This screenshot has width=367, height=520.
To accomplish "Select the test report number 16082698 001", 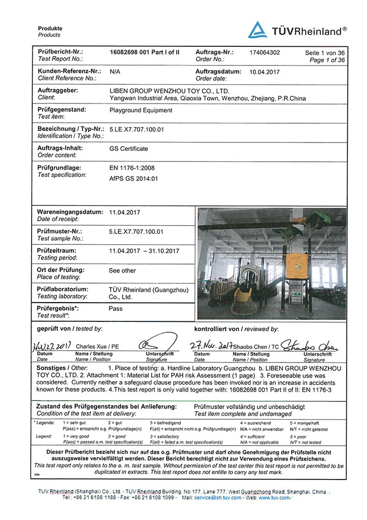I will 129,52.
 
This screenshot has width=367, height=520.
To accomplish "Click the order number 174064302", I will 265,53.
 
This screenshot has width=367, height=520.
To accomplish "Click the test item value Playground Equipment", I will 141,110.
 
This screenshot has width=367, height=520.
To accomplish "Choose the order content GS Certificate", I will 129,148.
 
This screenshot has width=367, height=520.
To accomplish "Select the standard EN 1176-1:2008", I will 132,168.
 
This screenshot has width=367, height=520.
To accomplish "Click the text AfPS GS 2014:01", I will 133,178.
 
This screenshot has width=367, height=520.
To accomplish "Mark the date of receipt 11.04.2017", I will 125,212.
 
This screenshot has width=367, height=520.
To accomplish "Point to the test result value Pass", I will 115,308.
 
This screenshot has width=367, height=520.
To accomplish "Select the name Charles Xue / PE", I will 98,346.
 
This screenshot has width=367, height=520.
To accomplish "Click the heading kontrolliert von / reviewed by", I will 236,329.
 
